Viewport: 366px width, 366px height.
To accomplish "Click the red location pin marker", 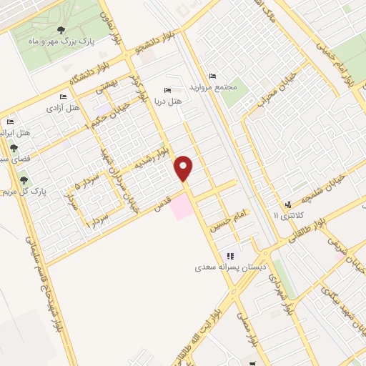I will (x=184, y=168).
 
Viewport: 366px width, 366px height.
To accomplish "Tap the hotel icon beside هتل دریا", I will (x=167, y=91).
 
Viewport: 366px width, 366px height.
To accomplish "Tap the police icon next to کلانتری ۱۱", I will (x=288, y=204).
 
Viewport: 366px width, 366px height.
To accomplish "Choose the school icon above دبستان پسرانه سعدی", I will (x=229, y=256).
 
